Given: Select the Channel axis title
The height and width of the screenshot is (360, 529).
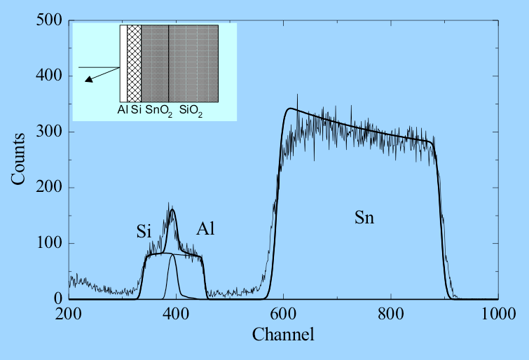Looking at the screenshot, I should click(283, 334).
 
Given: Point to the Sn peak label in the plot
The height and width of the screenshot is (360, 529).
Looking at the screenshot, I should click(364, 218).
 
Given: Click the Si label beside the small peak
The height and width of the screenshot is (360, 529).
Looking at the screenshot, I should click(144, 232).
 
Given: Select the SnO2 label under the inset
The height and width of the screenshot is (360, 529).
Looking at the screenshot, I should click(159, 111).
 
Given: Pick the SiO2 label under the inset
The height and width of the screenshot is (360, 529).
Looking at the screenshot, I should click(191, 111).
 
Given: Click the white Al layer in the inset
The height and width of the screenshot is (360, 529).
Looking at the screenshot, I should click(123, 63).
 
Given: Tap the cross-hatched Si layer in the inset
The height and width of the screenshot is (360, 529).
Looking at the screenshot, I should click(134, 63).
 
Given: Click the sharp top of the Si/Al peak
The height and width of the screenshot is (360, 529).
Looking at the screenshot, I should click(172, 209).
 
